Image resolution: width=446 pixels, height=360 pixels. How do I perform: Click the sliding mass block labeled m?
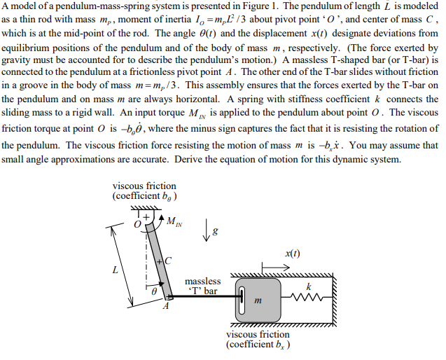pos(258,299)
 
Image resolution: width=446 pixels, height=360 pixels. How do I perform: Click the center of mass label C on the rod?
pos(168,261)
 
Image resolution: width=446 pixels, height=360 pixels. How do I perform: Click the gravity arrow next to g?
pos(208,230)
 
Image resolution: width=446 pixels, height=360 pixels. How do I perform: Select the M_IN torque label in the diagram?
pos(174,223)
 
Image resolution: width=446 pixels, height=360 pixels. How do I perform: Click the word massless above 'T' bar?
pos(202,281)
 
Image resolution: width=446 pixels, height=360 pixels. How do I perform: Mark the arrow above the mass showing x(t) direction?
pos(273,266)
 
